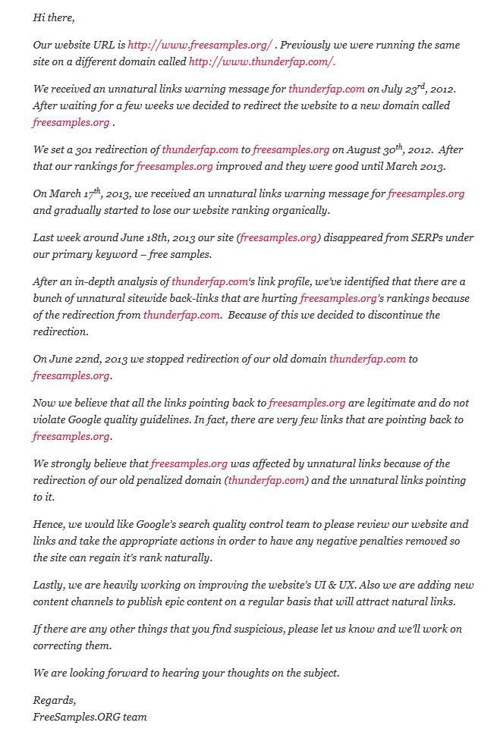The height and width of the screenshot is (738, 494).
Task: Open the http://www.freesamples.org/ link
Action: point(200,45)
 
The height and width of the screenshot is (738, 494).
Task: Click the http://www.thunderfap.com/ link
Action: point(262,61)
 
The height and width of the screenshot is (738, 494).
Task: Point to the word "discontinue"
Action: point(371,315)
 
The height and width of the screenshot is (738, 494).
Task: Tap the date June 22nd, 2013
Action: point(84,359)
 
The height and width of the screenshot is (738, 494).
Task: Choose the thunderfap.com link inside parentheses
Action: point(266,480)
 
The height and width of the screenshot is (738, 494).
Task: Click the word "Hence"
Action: point(48,524)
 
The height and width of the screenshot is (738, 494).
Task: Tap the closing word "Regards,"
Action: point(55,700)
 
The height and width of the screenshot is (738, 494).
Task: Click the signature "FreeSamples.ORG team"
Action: point(90,717)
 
